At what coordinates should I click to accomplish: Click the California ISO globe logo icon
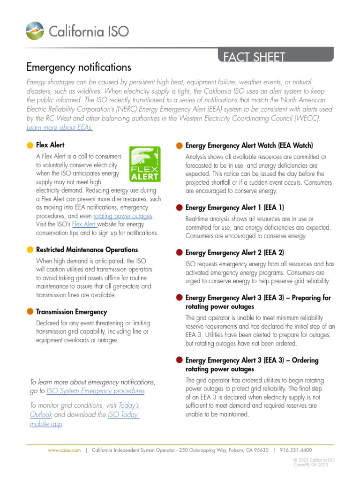(x=36, y=31)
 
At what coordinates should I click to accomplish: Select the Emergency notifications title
(x=78, y=67)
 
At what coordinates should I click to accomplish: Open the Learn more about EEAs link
(x=60, y=127)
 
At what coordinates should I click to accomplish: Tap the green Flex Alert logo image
(x=145, y=164)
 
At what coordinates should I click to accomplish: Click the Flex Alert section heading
(x=50, y=145)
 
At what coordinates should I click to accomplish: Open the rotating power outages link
(x=123, y=216)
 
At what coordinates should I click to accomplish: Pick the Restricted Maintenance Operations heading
(x=87, y=250)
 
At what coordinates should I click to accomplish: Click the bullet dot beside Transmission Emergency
(x=30, y=312)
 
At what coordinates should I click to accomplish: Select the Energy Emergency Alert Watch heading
(x=249, y=146)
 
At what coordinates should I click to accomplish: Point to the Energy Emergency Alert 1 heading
(x=234, y=208)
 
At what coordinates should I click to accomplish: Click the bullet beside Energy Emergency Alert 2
(x=180, y=253)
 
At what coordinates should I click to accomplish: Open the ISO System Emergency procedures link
(x=96, y=391)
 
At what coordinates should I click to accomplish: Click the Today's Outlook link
(x=129, y=405)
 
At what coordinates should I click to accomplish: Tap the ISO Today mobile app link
(x=123, y=415)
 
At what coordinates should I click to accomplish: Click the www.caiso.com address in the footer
(x=61, y=450)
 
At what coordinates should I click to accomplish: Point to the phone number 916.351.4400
(x=295, y=450)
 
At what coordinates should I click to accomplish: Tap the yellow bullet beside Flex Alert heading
(x=30, y=146)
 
